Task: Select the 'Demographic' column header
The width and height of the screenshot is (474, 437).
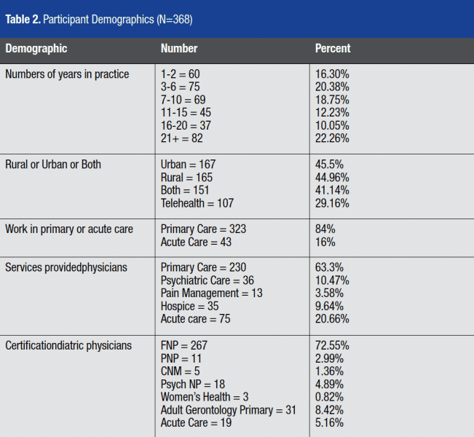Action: click(x=36, y=49)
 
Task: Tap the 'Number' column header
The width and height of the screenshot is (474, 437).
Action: click(x=178, y=49)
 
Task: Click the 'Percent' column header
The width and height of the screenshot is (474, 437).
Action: click(x=332, y=49)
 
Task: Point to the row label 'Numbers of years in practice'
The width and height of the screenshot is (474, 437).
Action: click(x=67, y=74)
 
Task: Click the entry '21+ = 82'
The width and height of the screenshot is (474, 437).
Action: click(x=183, y=138)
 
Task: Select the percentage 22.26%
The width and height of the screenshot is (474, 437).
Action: click(x=331, y=138)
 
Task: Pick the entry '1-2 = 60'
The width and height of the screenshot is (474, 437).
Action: click(x=180, y=74)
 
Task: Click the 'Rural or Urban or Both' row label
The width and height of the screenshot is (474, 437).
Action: click(x=53, y=165)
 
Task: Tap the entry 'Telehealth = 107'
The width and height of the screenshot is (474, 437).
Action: click(x=197, y=203)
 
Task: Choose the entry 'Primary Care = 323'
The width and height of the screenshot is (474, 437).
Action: click(x=203, y=229)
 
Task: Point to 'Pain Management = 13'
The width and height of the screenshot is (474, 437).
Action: click(x=211, y=293)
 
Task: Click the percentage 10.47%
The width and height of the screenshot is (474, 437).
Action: click(x=331, y=280)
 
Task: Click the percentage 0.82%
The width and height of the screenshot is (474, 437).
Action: click(x=329, y=397)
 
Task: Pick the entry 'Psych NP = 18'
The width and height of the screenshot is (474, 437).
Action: click(x=192, y=384)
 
